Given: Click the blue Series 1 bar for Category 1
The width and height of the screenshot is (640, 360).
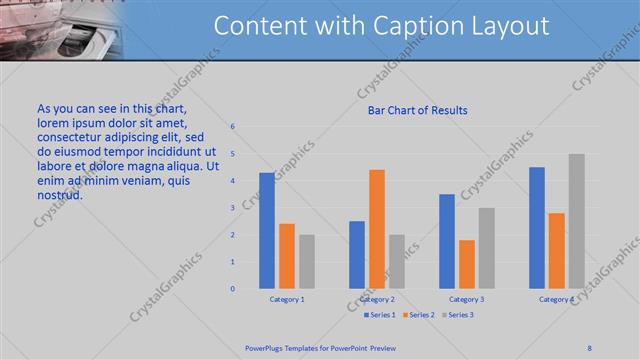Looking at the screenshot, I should [267, 231].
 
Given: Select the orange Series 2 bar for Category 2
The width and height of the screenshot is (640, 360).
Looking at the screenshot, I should [377, 229].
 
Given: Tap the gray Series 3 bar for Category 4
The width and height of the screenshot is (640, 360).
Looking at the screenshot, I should [577, 221].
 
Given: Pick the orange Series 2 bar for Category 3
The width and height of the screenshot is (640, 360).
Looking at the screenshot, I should [467, 264].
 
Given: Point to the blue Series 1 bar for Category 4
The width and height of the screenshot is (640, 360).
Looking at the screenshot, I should [537, 228].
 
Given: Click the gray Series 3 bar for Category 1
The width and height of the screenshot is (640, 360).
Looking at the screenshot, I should [307, 262].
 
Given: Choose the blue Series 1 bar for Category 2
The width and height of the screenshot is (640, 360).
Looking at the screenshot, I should [357, 255].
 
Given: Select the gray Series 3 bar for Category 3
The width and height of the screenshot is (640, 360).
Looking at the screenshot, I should [487, 248].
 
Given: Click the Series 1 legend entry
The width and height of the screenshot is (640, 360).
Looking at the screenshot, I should [378, 315].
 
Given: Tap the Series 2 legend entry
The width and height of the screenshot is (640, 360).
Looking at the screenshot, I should [417, 315].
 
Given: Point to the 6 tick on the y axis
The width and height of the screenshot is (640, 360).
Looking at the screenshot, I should [232, 127].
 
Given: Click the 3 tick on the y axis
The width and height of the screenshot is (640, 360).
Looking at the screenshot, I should [232, 208].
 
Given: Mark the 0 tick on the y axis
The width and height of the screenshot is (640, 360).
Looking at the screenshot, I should [232, 289].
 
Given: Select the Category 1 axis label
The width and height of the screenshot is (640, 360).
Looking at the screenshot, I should [287, 299].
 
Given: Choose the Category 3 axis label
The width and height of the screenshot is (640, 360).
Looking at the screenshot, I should [467, 299].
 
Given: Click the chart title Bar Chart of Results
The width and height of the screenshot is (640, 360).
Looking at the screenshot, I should [412, 110].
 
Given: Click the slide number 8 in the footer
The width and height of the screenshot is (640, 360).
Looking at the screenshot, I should [590, 347].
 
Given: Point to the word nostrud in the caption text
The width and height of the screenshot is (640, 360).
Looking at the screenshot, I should [59, 194].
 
